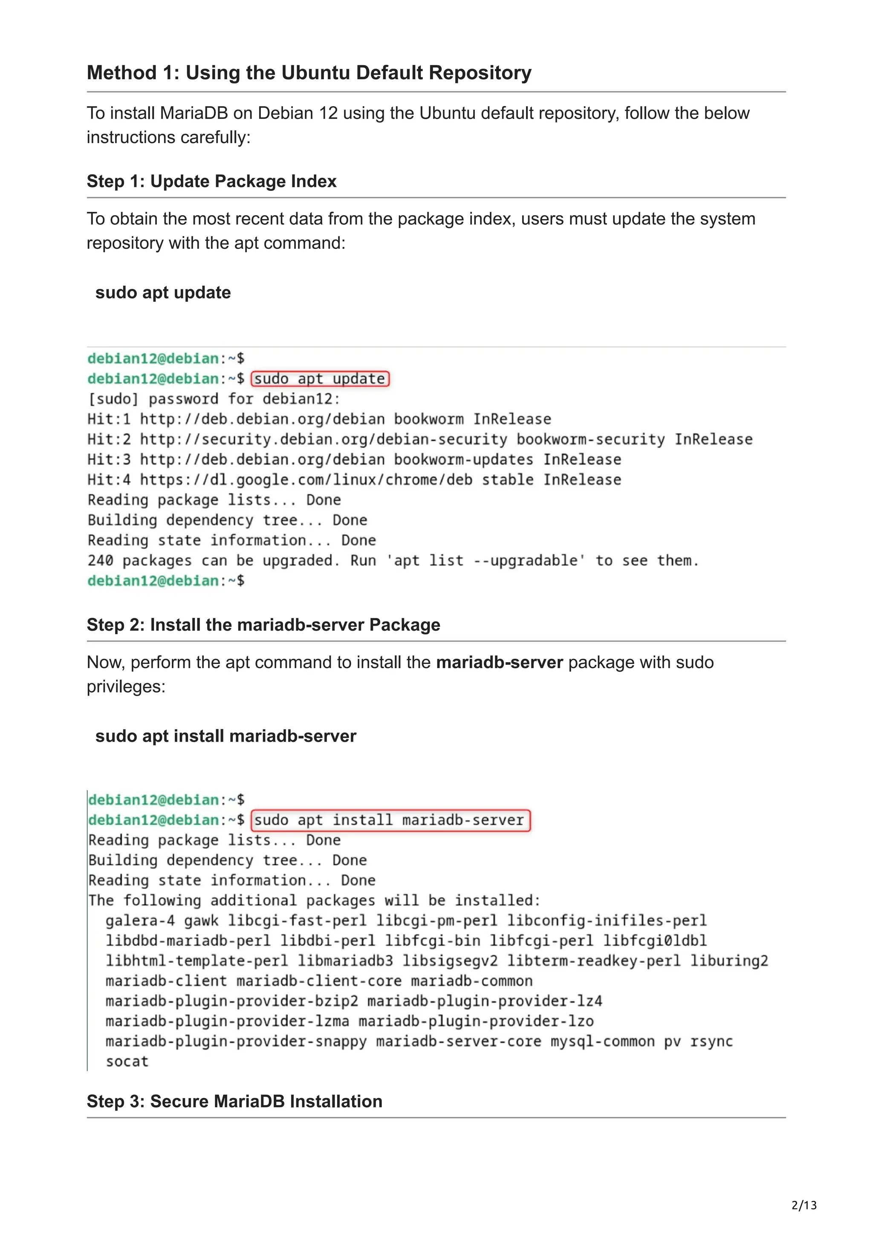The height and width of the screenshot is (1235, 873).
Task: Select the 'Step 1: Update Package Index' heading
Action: (211, 181)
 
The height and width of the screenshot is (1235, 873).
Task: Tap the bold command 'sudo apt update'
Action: (163, 293)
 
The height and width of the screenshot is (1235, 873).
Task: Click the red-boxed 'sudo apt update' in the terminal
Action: (320, 379)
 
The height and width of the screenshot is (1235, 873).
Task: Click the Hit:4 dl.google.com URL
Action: (306, 480)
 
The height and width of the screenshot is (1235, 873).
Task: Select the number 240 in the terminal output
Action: (101, 560)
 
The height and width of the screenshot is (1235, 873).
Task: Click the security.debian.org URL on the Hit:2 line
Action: (323, 439)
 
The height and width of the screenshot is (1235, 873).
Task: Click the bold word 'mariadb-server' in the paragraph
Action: (499, 662)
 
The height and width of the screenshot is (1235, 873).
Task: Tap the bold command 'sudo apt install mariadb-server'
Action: (225, 736)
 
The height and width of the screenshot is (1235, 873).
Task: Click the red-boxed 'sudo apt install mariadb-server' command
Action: (390, 820)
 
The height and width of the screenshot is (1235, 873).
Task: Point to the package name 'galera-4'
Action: (140, 921)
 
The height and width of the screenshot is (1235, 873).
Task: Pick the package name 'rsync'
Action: (711, 1042)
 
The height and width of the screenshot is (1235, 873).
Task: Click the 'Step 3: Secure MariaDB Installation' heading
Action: (234, 1102)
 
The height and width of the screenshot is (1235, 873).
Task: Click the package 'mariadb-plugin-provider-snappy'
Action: (236, 1042)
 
